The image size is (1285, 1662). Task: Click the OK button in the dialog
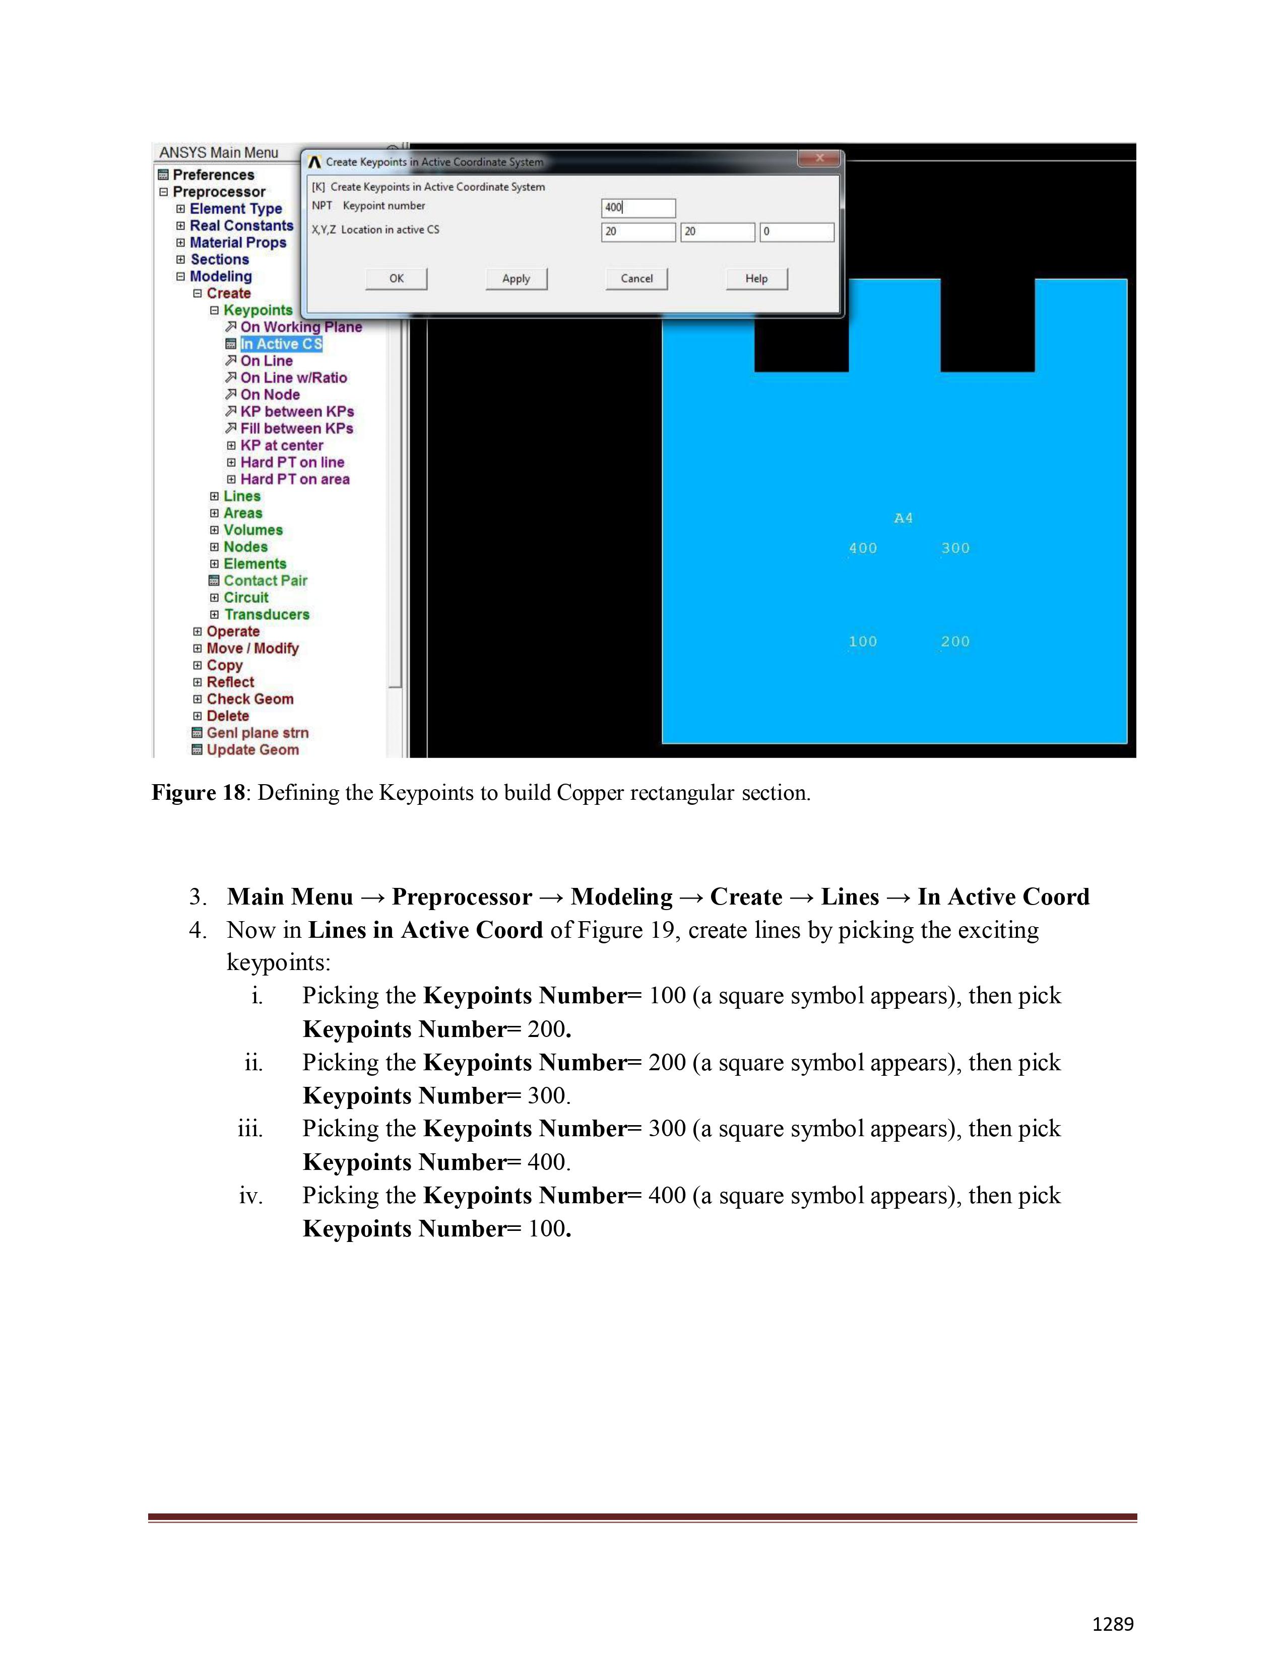tap(397, 279)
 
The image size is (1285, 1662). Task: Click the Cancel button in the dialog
tap(636, 279)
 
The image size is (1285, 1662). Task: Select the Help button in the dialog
tap(756, 279)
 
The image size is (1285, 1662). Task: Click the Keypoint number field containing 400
tap(638, 207)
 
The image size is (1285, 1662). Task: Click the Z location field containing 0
tap(796, 231)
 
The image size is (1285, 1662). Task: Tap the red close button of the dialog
tap(819, 158)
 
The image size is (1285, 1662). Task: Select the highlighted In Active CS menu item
tap(281, 344)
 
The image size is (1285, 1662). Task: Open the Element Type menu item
tap(235, 209)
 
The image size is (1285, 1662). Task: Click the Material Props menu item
tap(237, 243)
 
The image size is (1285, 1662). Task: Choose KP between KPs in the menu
tap(297, 411)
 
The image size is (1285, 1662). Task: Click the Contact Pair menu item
tap(265, 581)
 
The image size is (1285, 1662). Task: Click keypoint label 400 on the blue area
tap(863, 548)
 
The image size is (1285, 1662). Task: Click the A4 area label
tap(903, 518)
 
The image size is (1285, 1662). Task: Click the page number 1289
tap(1112, 1624)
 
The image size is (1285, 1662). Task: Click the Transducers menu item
tap(267, 615)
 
